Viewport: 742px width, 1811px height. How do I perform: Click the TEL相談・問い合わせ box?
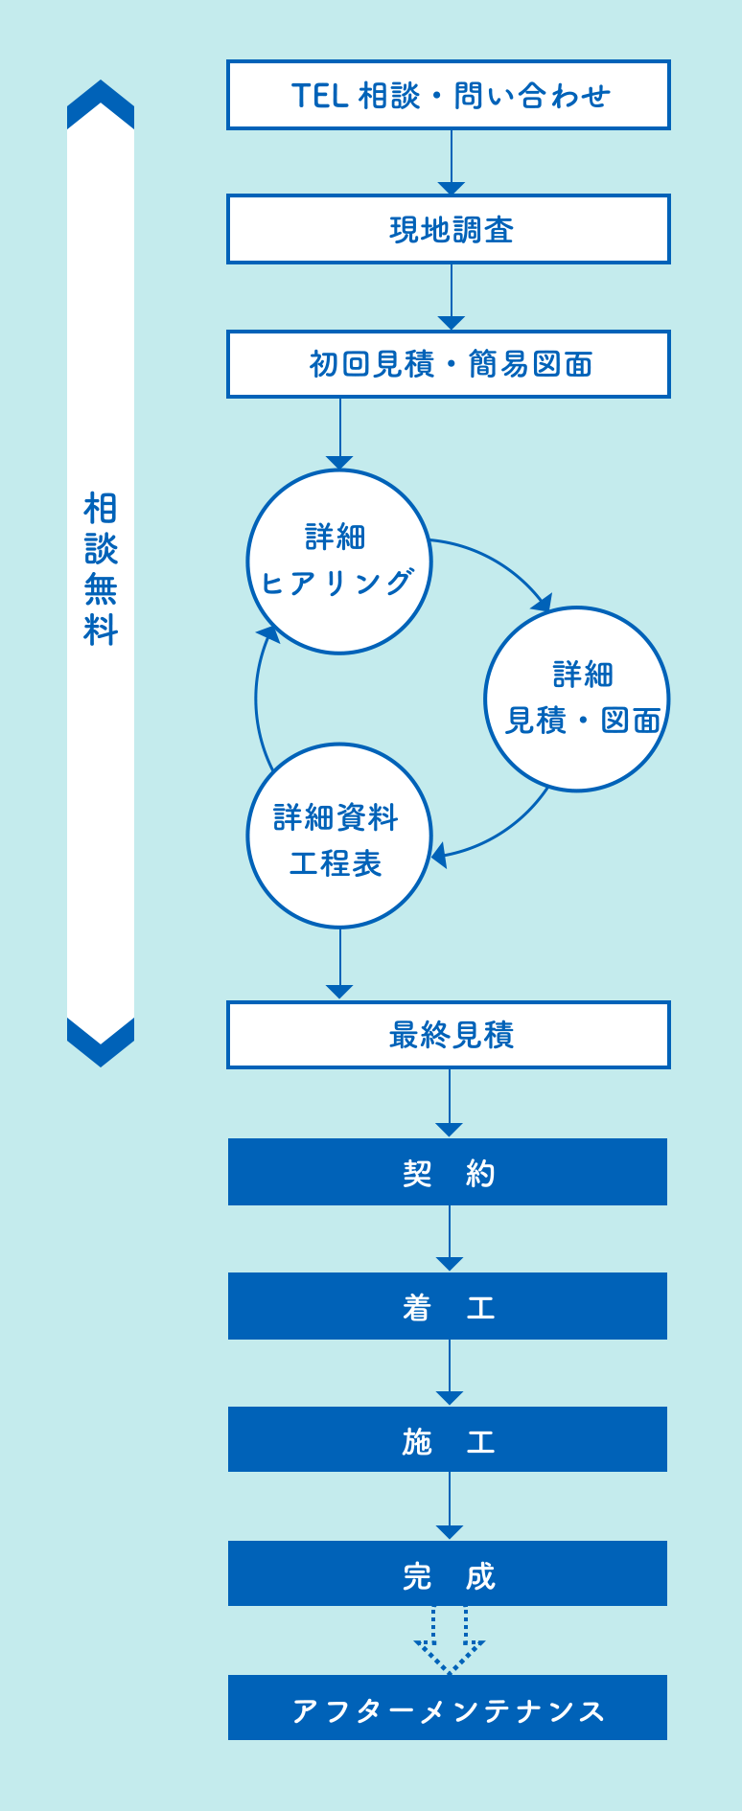point(449,95)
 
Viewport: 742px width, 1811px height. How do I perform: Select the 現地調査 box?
point(449,229)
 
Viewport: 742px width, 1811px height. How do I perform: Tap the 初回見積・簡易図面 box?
point(449,364)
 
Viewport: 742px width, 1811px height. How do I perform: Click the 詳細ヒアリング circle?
point(339,562)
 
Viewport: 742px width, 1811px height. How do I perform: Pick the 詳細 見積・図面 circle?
point(577,699)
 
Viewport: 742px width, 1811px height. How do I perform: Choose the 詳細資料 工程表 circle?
point(339,836)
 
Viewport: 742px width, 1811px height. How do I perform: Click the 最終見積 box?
point(449,1035)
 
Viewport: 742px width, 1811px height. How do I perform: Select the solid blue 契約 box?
point(448,1172)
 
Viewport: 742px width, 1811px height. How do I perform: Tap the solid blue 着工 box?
point(448,1306)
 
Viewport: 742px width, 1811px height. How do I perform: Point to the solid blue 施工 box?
point(448,1439)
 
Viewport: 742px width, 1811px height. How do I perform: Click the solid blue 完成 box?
point(448,1573)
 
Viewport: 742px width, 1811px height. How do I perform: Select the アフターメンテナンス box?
point(448,1708)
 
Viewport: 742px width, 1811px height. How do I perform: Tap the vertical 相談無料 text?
point(101,569)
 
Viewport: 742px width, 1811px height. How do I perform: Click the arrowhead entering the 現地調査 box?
point(452,188)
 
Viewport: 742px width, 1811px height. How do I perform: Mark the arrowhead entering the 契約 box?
point(450,1130)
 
